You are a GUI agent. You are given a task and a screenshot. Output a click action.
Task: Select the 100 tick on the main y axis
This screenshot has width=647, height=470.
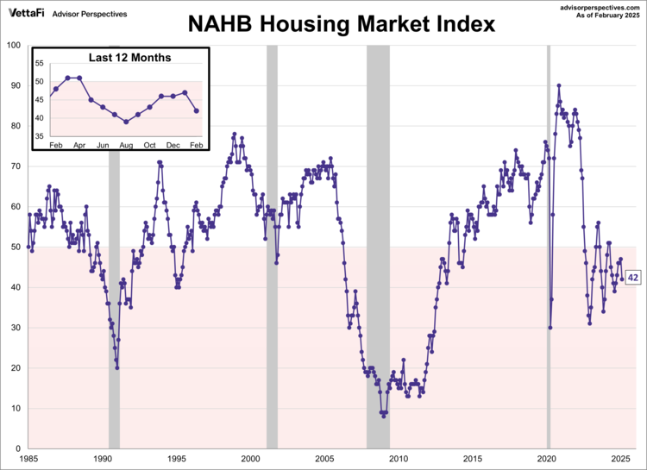click(15, 45)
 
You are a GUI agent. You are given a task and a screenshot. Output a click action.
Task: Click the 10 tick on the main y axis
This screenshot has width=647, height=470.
click(17, 409)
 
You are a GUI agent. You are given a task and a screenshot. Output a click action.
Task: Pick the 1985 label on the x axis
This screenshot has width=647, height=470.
click(30, 459)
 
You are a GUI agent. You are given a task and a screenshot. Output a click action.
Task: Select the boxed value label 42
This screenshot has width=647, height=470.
click(632, 278)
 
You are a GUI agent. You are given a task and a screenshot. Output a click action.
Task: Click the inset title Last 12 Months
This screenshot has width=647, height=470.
click(129, 58)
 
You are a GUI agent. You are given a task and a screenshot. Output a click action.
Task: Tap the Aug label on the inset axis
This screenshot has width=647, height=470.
click(126, 144)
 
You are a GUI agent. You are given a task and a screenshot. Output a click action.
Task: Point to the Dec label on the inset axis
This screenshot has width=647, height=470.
click(173, 144)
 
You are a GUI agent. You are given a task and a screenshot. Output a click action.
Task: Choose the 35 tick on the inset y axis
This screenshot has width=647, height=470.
click(41, 136)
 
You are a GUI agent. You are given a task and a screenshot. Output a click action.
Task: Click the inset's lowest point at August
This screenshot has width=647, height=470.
click(126, 122)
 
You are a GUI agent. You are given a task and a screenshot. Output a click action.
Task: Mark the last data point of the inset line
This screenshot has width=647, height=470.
click(197, 110)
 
